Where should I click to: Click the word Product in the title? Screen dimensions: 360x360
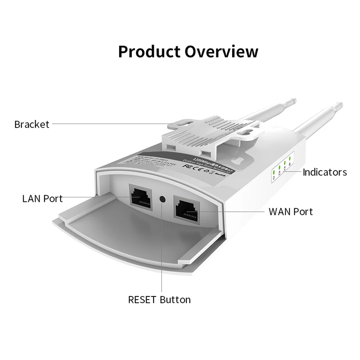(x=149, y=52)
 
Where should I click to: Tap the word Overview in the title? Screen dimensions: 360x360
(x=221, y=52)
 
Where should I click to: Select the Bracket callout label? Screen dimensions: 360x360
(x=32, y=124)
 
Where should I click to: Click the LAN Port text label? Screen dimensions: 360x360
(x=42, y=198)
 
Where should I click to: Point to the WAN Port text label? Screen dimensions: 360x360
(x=290, y=212)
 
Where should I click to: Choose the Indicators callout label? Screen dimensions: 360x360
(x=325, y=172)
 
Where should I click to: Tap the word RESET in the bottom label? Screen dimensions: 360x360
(x=142, y=300)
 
